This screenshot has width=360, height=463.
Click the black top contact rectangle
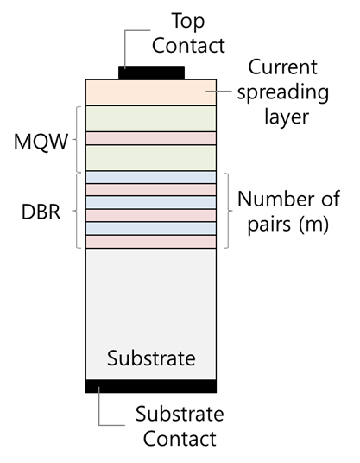point(151,72)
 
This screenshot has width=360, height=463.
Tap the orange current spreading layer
point(150,92)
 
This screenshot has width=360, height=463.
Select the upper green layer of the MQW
point(150,118)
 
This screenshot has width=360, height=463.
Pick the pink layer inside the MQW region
point(150,138)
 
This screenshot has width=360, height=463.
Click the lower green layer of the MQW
point(150,157)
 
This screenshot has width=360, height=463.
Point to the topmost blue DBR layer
point(150,177)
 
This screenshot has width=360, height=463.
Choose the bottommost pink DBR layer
point(150,242)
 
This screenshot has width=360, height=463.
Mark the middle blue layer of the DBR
point(150,202)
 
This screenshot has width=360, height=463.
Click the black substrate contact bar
point(150,386)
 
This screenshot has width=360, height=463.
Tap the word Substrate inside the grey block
point(151,358)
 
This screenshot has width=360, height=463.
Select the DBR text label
point(41,210)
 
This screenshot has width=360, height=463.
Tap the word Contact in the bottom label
point(180,439)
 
